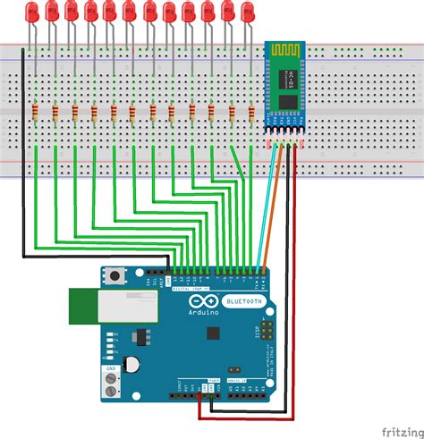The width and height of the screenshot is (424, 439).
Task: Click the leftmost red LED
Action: pos(32,12)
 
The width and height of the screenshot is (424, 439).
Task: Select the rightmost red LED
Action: pos(249,12)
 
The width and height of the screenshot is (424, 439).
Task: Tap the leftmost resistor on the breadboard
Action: pos(35,113)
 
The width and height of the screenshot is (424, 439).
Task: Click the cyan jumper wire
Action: pos(263,215)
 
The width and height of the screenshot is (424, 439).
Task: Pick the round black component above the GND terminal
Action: pos(132,364)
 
